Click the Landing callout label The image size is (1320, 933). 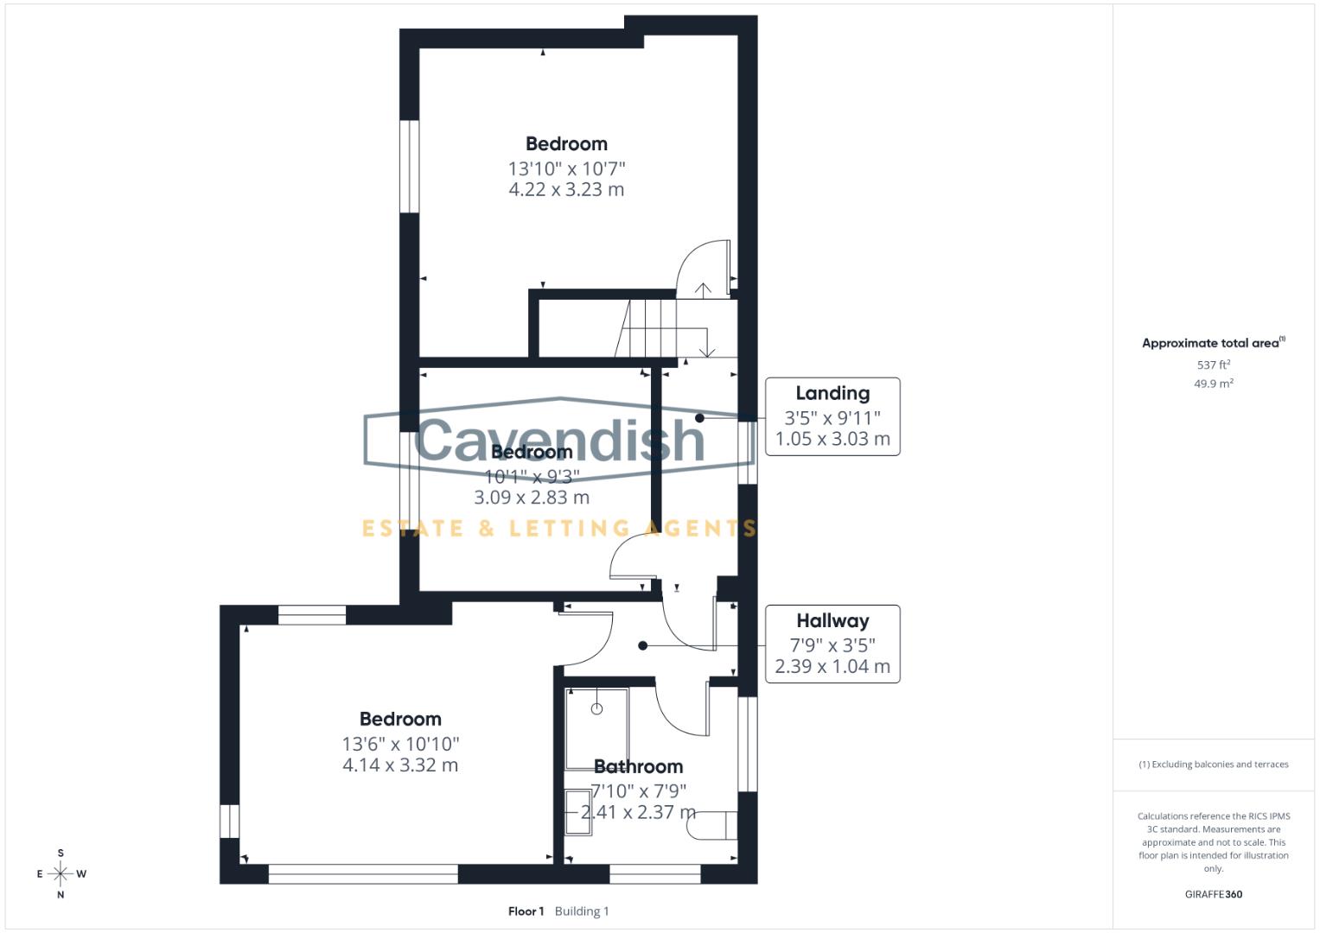832,394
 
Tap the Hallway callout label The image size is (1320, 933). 832,621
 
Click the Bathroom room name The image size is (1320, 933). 639,767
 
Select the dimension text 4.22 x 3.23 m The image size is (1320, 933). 566,190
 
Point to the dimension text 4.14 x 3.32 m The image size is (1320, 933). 400,765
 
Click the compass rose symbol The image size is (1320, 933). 61,874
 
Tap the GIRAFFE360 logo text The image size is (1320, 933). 1213,894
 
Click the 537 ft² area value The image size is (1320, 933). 1213,365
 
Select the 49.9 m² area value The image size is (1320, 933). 1213,384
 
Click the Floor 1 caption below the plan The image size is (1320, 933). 526,911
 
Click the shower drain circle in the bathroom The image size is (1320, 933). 596,709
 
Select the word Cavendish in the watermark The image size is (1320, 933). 560,441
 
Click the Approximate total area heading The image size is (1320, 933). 1212,343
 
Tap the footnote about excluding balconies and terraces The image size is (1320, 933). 1213,765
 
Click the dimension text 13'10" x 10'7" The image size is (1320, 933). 566,168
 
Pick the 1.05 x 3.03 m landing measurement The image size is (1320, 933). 832,439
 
